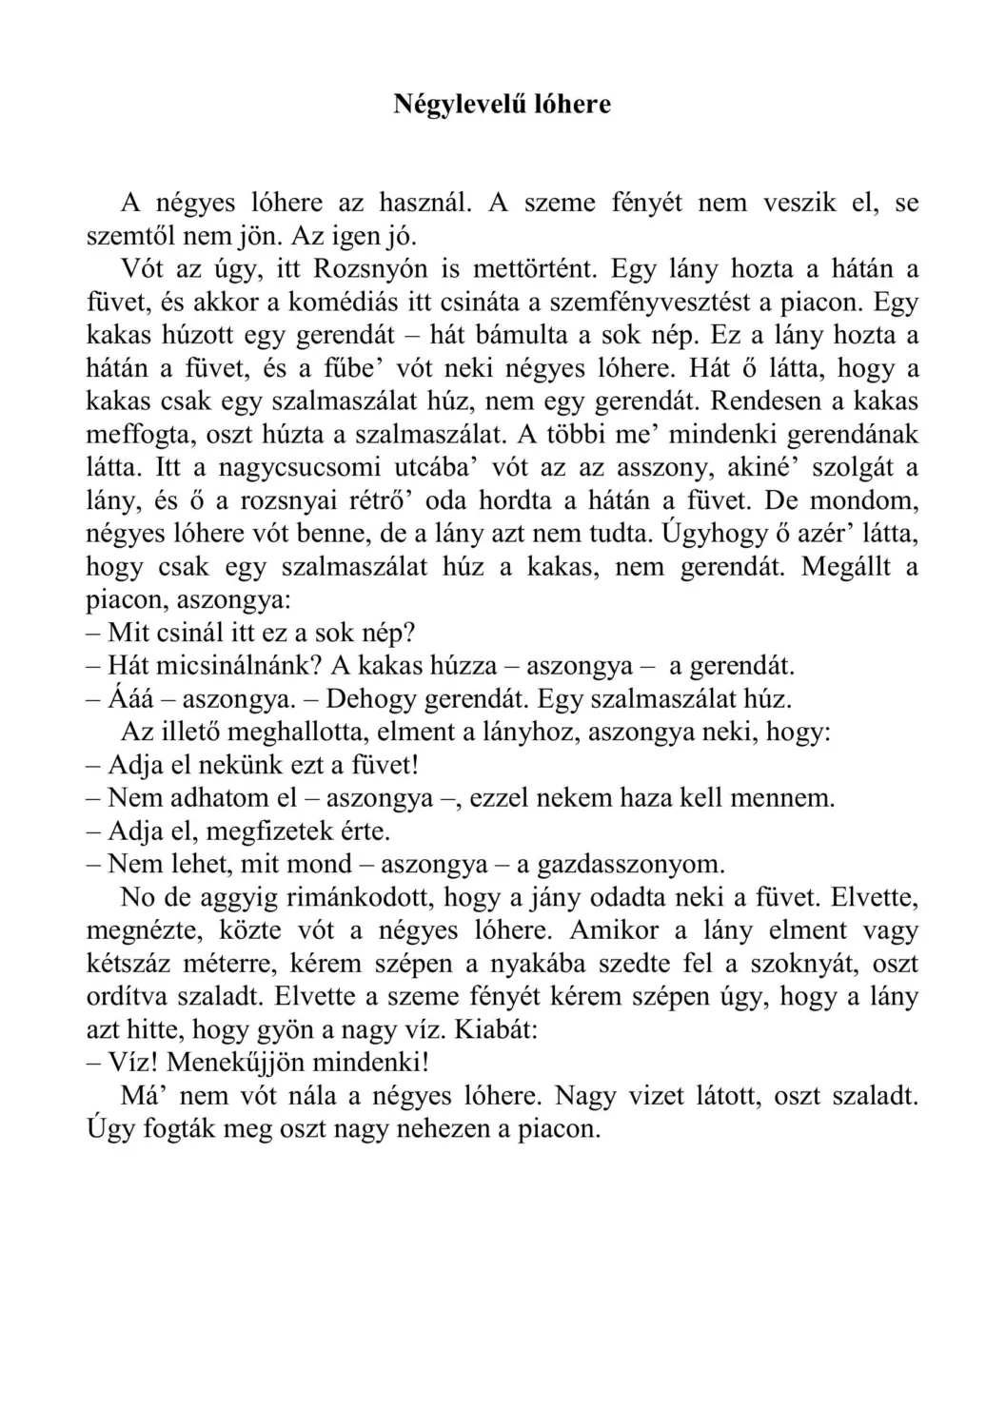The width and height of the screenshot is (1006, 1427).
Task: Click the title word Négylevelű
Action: click(447, 104)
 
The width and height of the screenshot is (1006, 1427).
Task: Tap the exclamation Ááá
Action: click(128, 699)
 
